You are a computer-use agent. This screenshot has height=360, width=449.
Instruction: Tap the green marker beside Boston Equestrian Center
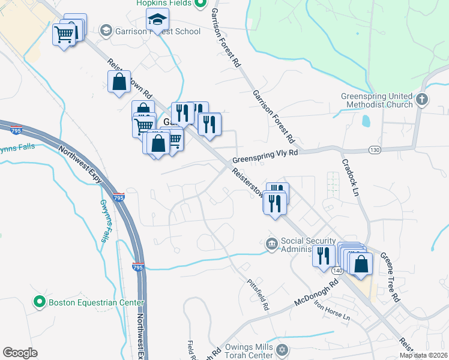pos(40,302)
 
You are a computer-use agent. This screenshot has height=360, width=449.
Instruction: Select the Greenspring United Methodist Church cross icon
pos(422,99)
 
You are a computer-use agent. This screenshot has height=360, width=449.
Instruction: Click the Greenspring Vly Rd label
pos(265,155)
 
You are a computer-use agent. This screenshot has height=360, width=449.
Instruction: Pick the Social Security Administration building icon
pos(271,244)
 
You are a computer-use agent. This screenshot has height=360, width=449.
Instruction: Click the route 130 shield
pos(375,149)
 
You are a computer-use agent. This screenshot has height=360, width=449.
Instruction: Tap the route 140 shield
pos(337,271)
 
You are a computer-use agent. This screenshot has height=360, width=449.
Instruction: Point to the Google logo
pos(20,353)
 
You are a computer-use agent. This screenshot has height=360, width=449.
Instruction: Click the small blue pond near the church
pos(366,121)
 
